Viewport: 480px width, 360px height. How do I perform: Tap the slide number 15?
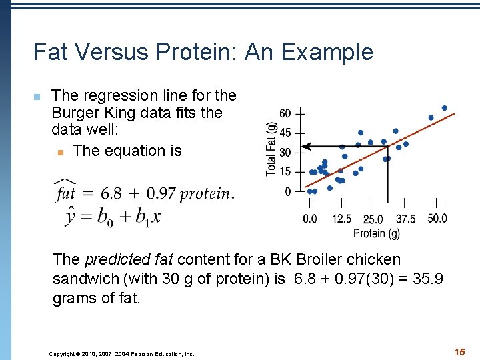[459, 351]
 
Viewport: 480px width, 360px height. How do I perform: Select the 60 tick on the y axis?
[285, 113]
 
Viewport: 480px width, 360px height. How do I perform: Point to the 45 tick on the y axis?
[285, 133]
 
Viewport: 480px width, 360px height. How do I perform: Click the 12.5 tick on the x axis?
[341, 219]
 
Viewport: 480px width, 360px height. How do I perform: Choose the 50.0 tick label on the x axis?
[437, 219]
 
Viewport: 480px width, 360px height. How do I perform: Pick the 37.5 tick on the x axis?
[405, 219]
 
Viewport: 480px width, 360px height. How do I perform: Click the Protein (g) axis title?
[377, 233]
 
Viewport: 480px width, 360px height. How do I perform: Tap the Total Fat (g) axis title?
[271, 149]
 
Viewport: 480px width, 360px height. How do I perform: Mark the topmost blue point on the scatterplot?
[445, 108]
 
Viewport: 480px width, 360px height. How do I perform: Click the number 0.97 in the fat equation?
[161, 193]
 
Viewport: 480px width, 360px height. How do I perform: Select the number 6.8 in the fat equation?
[111, 193]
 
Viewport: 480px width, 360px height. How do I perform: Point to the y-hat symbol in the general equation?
[71, 216]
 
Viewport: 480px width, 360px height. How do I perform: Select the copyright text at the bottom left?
[121, 354]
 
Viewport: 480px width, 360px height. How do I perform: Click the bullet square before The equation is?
[60, 152]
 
